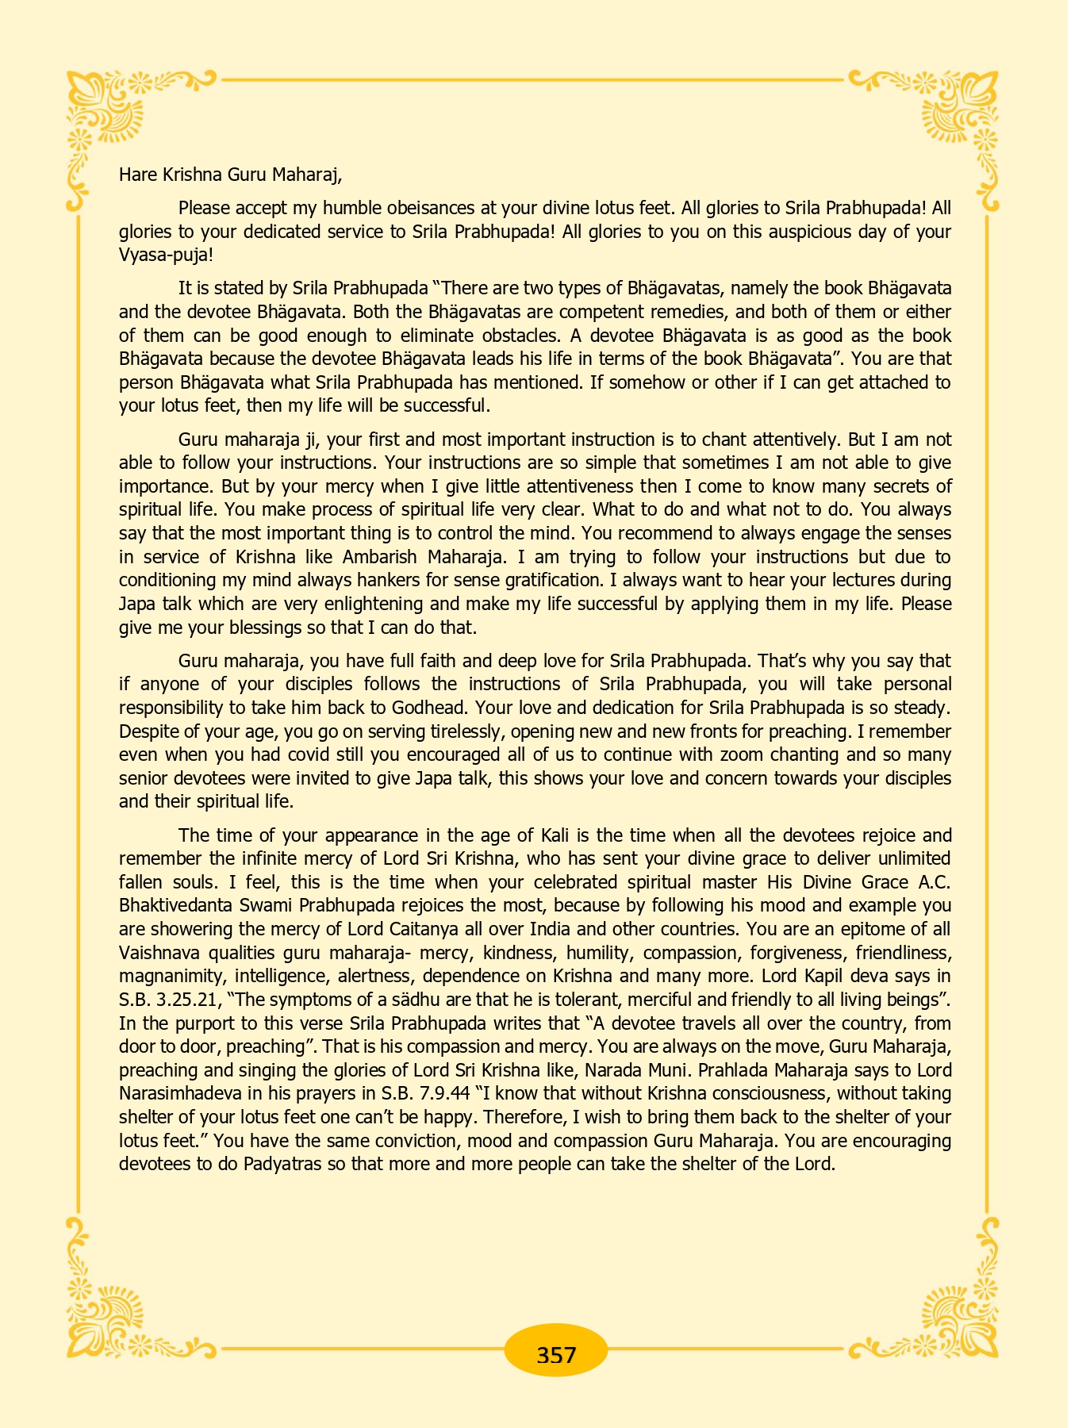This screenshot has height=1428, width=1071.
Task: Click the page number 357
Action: click(x=555, y=1353)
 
